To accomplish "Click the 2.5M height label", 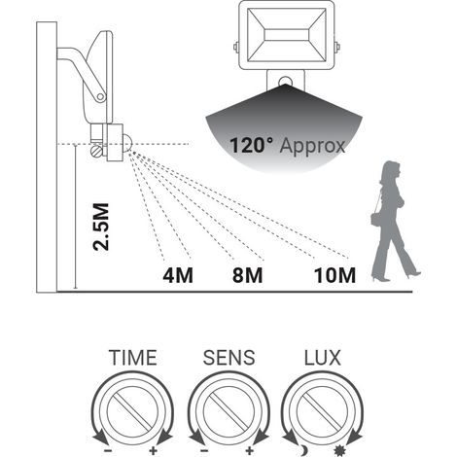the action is pos(100,227).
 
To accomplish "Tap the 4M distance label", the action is pos(178,275).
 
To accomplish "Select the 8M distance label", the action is pos(247,275).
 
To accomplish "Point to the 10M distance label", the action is pos(334,275).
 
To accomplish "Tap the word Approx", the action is pos(313,146).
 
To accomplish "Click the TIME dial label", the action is pos(133,358).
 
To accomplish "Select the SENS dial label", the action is pos(229,358).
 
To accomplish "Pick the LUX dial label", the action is pos(323,358).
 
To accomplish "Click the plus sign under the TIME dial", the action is pos(153,450).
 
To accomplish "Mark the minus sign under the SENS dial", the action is pos(204,450).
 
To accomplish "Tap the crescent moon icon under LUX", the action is pos(304,450).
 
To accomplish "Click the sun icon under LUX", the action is pos(339,450).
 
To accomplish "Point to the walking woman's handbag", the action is pos(376,220).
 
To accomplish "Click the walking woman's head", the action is pos(392,171).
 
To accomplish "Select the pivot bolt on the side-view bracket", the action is pos(101,96).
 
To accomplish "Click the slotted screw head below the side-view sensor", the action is pos(96,152).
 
